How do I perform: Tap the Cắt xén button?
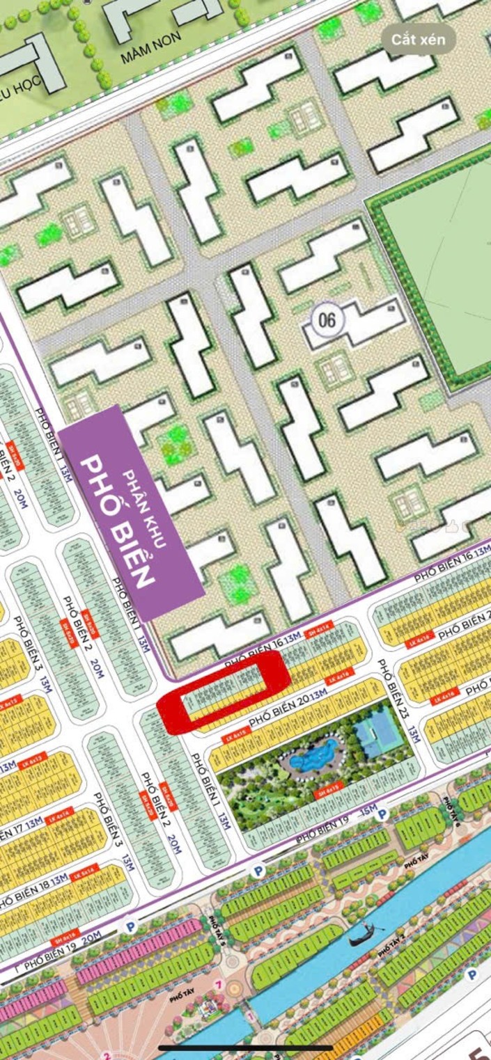[x=418, y=40]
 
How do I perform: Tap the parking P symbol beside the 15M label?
[x=382, y=813]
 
